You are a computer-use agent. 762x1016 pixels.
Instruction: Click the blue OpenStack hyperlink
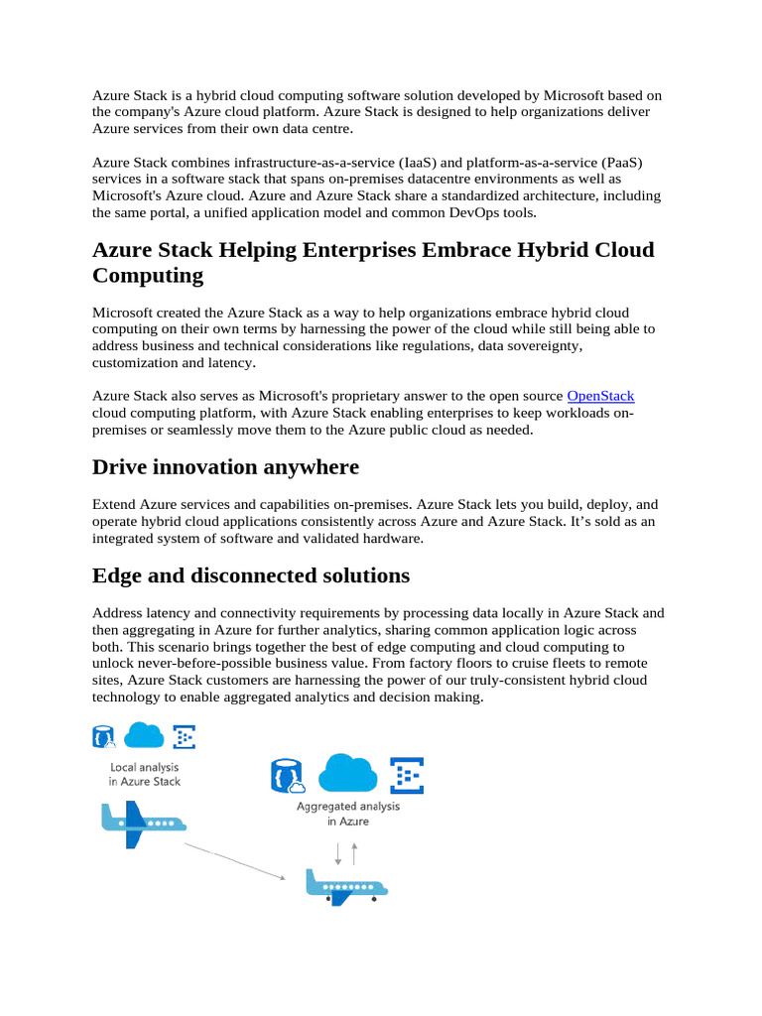click(600, 396)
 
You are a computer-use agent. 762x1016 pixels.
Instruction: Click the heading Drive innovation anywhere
click(225, 466)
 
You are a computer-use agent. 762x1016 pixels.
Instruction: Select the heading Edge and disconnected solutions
click(250, 575)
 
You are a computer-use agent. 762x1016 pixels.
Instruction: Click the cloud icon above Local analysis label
click(144, 735)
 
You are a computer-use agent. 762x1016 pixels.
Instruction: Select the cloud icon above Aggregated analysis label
click(347, 773)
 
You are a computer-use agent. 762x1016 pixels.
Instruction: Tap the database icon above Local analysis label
click(103, 737)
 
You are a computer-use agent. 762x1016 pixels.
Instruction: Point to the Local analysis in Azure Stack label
click(145, 774)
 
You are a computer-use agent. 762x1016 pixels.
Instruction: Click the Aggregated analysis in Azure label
click(348, 814)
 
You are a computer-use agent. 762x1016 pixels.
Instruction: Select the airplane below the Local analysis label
click(141, 823)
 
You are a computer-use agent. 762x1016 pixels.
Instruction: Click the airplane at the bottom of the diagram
click(345, 884)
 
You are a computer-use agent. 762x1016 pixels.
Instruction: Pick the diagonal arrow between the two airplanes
click(234, 861)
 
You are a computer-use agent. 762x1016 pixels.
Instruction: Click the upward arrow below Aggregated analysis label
click(354, 852)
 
